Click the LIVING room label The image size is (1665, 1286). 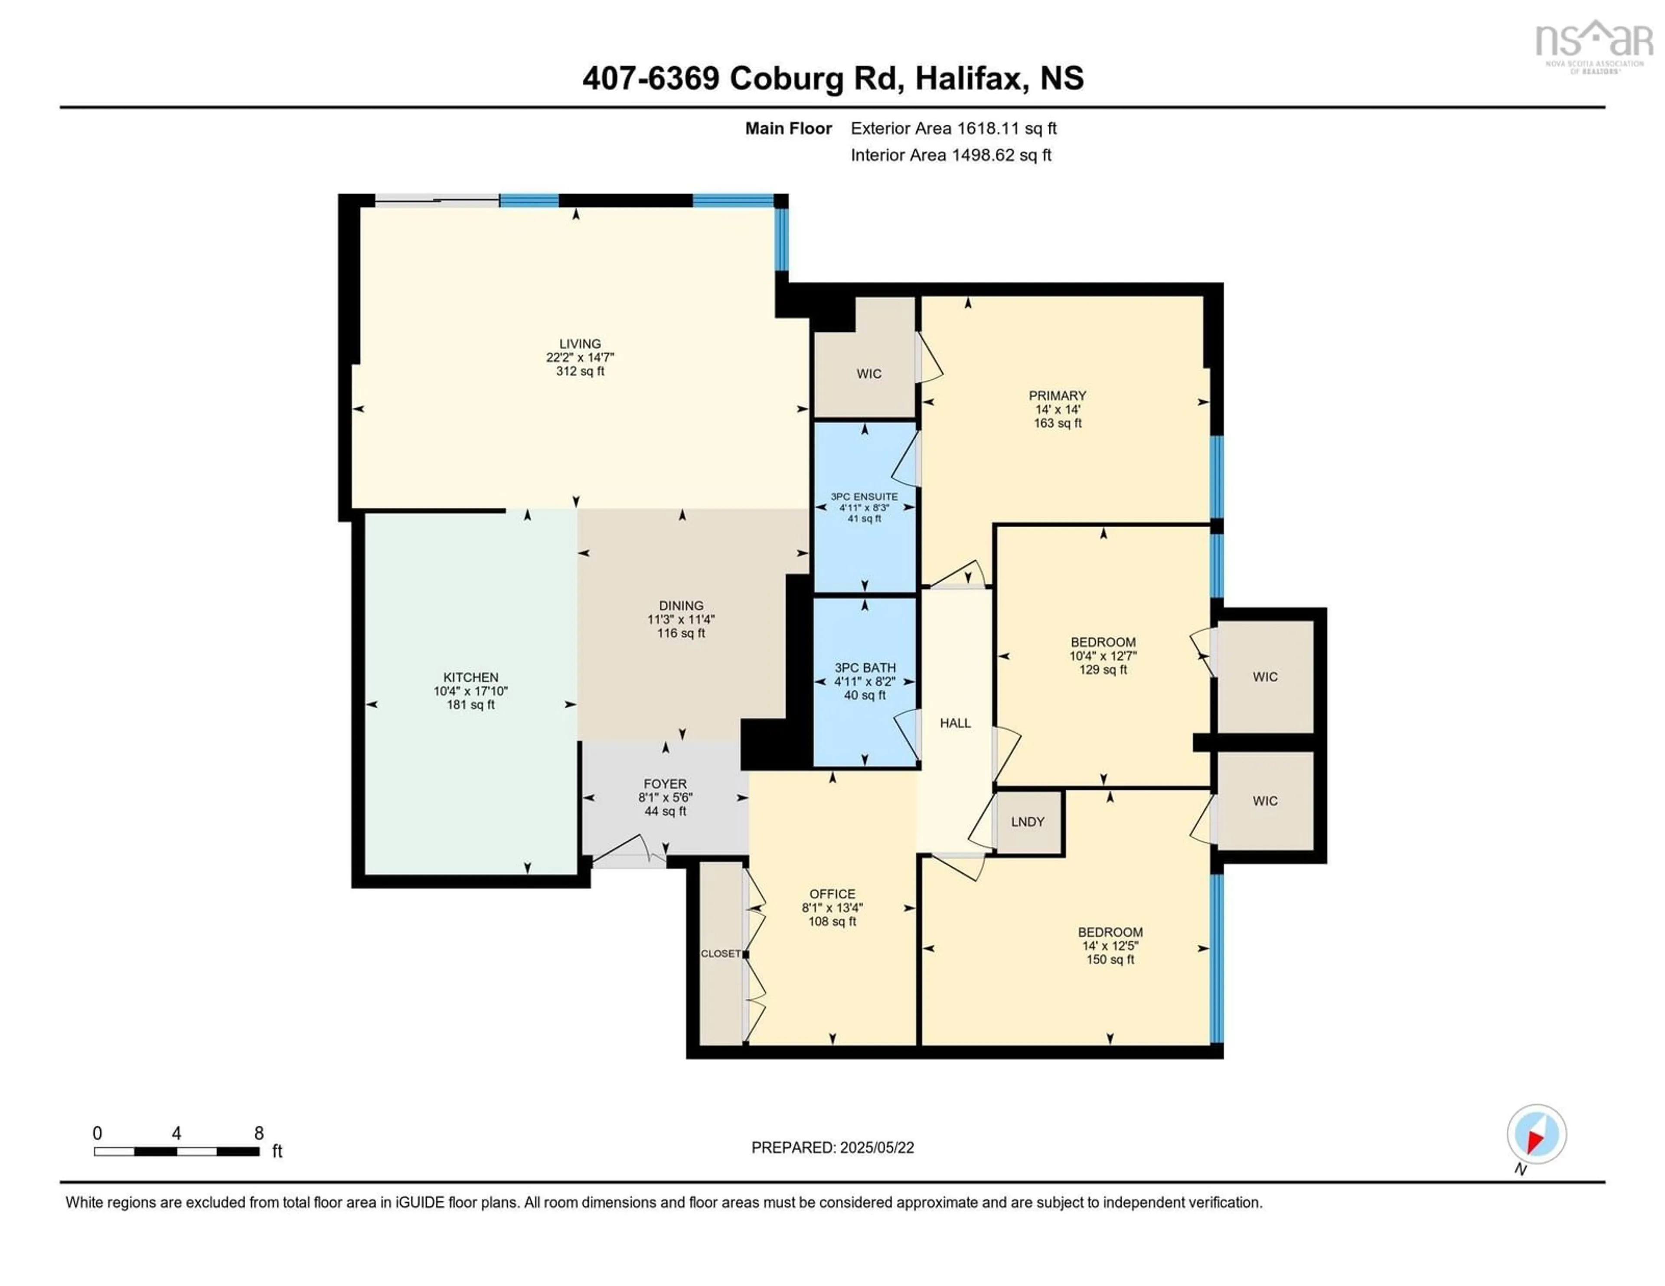tap(579, 344)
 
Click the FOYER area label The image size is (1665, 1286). tap(665, 783)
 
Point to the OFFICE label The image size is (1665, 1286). tap(832, 894)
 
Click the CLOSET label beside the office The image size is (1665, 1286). tap(721, 953)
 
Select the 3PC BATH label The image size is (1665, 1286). tap(865, 668)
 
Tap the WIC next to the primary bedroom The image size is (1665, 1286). tap(868, 373)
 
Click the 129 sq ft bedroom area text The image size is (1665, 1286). tap(1102, 670)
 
